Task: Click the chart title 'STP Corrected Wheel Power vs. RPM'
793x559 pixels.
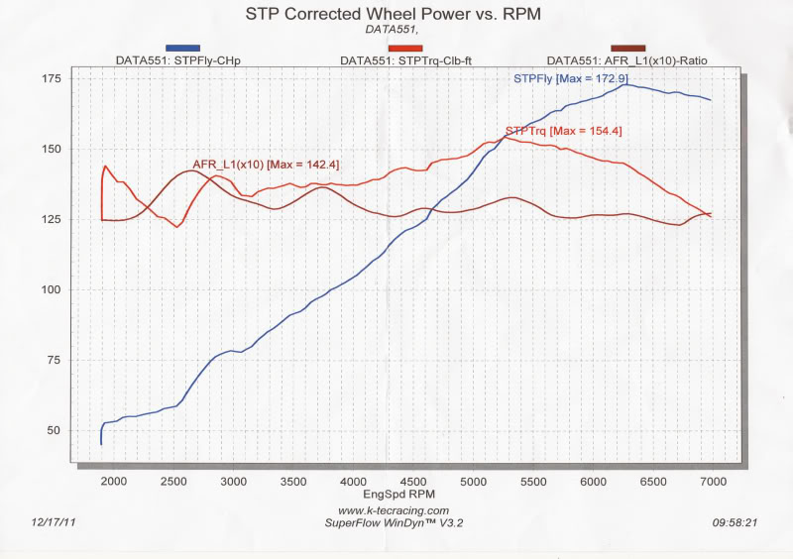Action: tap(396, 15)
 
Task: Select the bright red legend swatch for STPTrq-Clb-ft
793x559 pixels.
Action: tap(406, 48)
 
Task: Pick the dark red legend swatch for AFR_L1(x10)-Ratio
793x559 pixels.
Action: tap(628, 48)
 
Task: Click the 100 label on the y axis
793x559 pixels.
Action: tap(52, 290)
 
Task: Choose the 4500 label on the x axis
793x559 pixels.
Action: tap(414, 481)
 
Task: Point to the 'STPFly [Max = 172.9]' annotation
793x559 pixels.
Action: tap(570, 78)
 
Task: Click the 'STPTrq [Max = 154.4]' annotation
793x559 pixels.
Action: tap(563, 131)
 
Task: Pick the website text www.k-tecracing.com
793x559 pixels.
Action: tap(396, 510)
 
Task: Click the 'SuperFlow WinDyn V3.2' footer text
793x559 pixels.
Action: tap(396, 522)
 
